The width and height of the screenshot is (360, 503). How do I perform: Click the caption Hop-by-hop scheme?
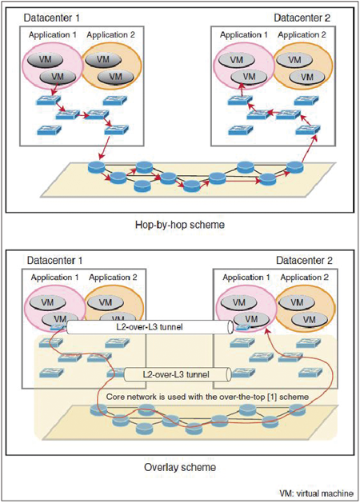[180, 225]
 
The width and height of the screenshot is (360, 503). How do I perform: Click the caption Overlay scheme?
[180, 467]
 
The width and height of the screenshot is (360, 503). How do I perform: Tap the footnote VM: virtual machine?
[316, 493]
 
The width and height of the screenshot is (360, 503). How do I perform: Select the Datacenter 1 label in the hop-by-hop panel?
[51, 18]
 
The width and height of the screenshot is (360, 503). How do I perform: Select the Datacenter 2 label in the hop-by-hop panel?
[302, 18]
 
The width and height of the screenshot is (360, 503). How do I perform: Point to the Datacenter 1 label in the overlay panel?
[54, 261]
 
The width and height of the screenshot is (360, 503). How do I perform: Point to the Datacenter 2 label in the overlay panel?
[304, 261]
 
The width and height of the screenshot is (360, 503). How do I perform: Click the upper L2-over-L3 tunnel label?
[149, 327]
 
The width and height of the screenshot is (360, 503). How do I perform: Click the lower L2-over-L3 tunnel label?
[176, 374]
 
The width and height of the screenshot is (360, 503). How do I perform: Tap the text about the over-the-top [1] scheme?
[207, 397]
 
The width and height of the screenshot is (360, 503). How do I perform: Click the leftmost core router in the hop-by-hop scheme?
[96, 167]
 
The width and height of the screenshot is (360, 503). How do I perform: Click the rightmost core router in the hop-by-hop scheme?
[294, 167]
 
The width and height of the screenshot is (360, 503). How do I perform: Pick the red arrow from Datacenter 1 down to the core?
[104, 148]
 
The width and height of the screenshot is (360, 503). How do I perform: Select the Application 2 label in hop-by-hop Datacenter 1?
[110, 34]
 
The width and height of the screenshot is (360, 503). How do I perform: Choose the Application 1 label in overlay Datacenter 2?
[246, 277]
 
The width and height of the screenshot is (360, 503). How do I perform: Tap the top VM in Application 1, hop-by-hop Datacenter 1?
[45, 60]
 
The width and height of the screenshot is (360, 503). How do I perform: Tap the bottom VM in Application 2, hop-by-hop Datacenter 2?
[306, 78]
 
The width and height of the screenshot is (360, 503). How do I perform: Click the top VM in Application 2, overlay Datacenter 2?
[297, 302]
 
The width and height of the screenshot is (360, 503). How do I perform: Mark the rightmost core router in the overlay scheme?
[297, 409]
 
